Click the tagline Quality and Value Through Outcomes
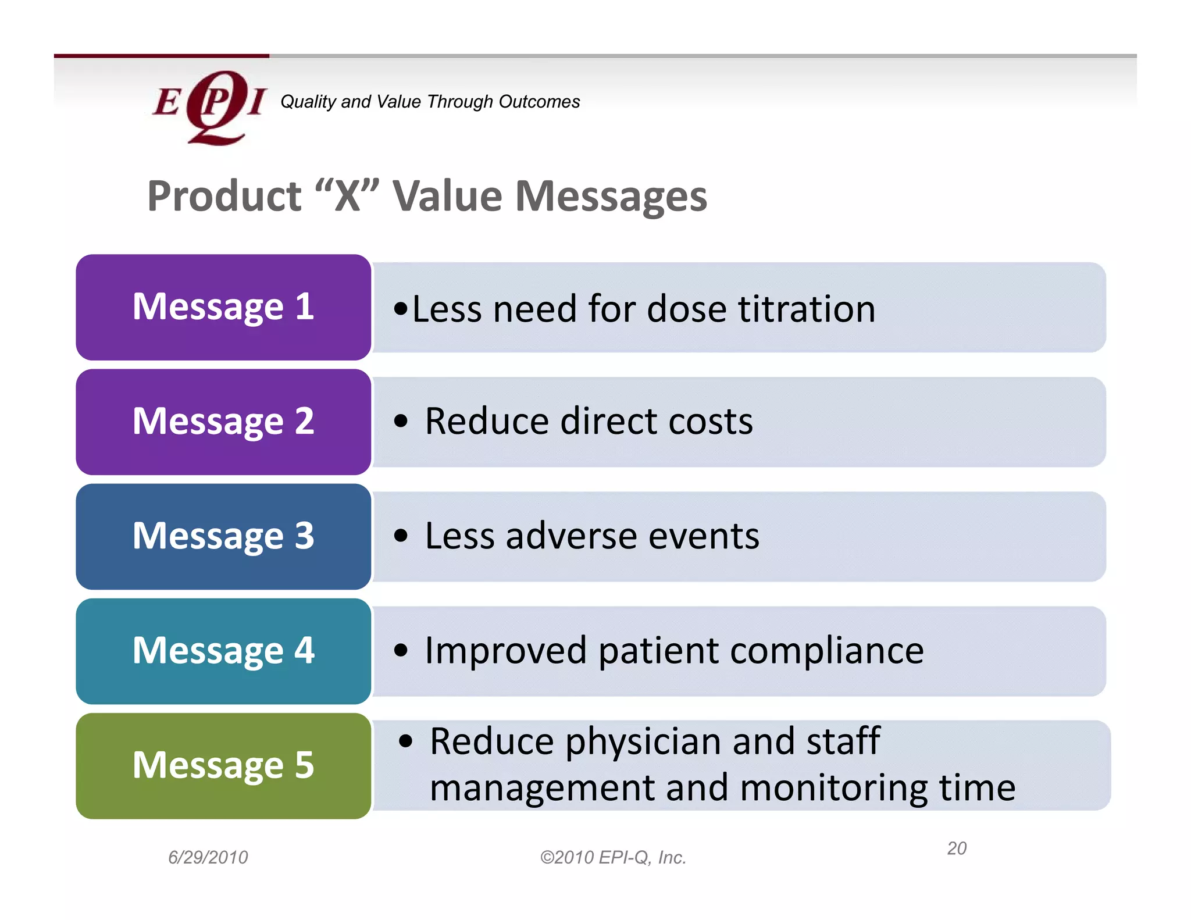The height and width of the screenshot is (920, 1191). (430, 102)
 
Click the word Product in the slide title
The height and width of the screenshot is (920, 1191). (224, 196)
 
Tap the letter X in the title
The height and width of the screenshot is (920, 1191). (347, 196)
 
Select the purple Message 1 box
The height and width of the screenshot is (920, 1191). (223, 307)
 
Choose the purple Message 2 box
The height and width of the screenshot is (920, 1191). (223, 422)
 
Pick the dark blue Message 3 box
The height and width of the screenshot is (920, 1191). (223, 536)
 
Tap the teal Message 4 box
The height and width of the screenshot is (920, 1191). (223, 651)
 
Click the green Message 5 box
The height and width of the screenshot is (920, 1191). (223, 765)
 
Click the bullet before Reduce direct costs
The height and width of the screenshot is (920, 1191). (401, 420)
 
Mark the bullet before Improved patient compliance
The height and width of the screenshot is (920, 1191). (401, 650)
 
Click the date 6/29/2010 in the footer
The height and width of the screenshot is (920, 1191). (208, 857)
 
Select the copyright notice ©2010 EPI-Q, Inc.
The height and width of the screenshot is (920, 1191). (613, 857)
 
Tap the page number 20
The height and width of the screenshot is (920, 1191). (957, 848)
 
